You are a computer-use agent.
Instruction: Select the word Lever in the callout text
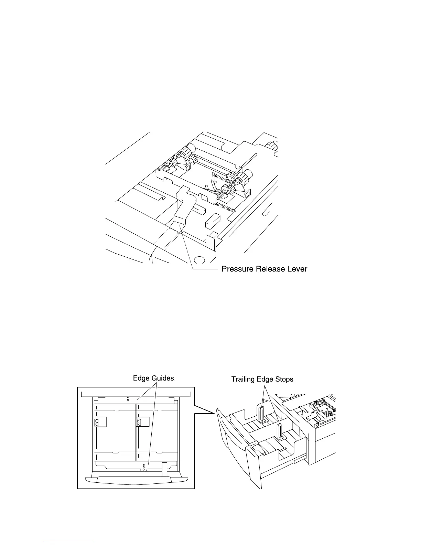297,269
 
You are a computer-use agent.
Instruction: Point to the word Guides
162,378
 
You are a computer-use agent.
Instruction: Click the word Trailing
244,379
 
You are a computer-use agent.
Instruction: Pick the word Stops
284,380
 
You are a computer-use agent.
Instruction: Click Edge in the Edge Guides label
140,378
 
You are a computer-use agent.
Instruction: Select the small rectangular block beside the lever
212,221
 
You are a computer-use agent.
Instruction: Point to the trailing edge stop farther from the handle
261,414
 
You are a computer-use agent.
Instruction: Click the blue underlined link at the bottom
68,542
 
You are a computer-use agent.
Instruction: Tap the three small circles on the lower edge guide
143,467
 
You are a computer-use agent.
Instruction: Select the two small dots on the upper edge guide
128,399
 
